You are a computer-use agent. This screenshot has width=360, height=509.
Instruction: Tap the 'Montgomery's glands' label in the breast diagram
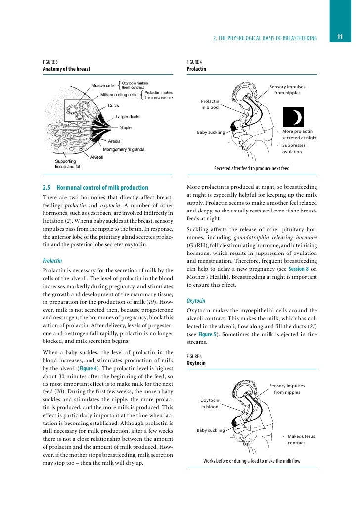[129, 149]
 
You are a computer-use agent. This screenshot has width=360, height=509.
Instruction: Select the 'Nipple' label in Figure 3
[125, 127]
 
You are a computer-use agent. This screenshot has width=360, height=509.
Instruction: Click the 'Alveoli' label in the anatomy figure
[96, 157]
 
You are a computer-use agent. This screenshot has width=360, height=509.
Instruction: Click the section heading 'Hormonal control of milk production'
[102, 188]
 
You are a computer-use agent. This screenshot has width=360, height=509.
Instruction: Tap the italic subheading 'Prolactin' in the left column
[52, 260]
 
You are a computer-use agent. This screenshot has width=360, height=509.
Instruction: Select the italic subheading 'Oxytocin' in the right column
[196, 300]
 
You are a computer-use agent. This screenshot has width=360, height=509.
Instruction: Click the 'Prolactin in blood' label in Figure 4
[210, 104]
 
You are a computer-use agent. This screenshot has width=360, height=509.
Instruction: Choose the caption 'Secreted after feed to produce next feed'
[251, 168]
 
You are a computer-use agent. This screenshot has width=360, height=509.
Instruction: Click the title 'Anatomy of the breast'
[66, 69]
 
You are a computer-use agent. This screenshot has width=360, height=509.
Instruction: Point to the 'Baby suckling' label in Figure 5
[211, 430]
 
